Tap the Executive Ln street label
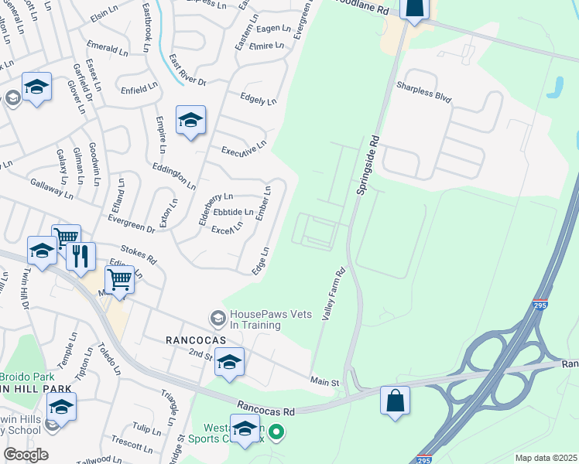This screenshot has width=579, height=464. pos(244,148)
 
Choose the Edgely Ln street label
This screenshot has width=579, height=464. pos(259,100)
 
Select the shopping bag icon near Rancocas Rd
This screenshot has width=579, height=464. pos(395,401)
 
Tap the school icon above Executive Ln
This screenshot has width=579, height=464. pos(190,121)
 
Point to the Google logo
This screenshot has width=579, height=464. pos(26,455)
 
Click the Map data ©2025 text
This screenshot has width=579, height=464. pos(546,458)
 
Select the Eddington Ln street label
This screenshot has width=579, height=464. pos(174,176)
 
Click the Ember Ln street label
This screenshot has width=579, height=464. pos(264,202)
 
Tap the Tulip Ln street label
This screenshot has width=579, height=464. pos(141,428)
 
